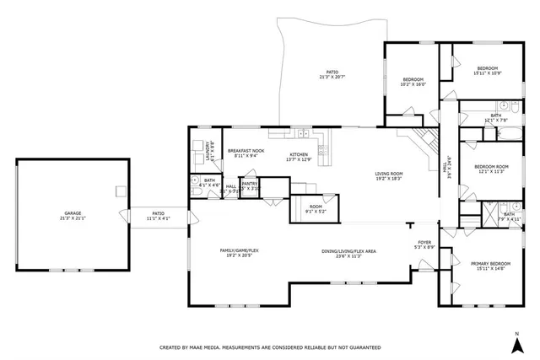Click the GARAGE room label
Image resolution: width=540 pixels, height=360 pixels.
73,215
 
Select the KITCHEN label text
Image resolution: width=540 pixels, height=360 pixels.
299,154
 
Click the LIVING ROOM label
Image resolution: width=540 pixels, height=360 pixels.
389,174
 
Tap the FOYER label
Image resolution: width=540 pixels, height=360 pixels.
424,244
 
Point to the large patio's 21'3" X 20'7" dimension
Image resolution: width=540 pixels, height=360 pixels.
332,78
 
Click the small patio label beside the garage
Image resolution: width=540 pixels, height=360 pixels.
158,213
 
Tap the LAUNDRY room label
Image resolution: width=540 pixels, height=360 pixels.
208,152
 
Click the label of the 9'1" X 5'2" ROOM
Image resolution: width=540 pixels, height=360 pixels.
315,207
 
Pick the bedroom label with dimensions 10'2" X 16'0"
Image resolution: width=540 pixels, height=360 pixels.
413,80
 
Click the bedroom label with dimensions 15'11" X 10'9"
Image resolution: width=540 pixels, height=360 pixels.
488,68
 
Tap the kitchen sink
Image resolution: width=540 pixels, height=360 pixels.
301,132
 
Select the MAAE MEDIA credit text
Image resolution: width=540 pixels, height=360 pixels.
270,347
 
